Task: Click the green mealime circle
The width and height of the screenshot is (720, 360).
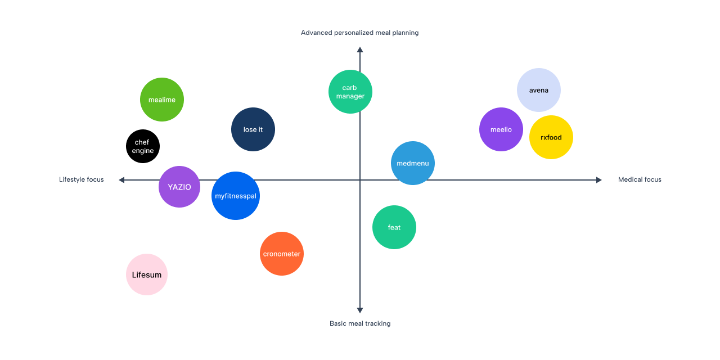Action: click(x=162, y=100)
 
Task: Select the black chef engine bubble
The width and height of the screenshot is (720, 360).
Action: click(x=143, y=146)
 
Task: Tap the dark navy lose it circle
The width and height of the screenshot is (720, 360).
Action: click(x=253, y=129)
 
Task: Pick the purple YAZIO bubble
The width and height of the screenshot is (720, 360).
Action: click(x=179, y=187)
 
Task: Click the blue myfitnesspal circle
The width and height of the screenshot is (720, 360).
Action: click(x=236, y=196)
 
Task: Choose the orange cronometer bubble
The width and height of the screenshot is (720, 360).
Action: click(x=282, y=254)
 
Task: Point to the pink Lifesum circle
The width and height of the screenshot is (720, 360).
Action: click(x=147, y=274)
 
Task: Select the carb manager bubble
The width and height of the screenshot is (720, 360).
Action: click(x=350, y=92)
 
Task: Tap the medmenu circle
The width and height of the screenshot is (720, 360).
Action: click(x=413, y=163)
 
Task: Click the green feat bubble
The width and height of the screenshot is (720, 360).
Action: click(x=394, y=227)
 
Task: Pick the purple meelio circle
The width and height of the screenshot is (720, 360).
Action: click(x=501, y=129)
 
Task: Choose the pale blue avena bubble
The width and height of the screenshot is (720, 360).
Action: click(x=539, y=90)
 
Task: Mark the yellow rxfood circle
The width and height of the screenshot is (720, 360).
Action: click(x=551, y=137)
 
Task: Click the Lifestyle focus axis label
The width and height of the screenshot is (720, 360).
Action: click(x=82, y=180)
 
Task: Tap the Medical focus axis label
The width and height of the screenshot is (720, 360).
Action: click(x=640, y=180)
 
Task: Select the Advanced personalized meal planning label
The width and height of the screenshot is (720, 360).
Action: click(x=360, y=33)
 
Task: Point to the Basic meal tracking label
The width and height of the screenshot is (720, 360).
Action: click(x=360, y=323)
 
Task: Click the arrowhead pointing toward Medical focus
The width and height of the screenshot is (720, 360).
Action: click(x=598, y=180)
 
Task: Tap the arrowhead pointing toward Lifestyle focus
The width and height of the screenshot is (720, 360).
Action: click(x=122, y=180)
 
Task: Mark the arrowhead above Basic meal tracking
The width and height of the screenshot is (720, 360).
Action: click(x=360, y=310)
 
